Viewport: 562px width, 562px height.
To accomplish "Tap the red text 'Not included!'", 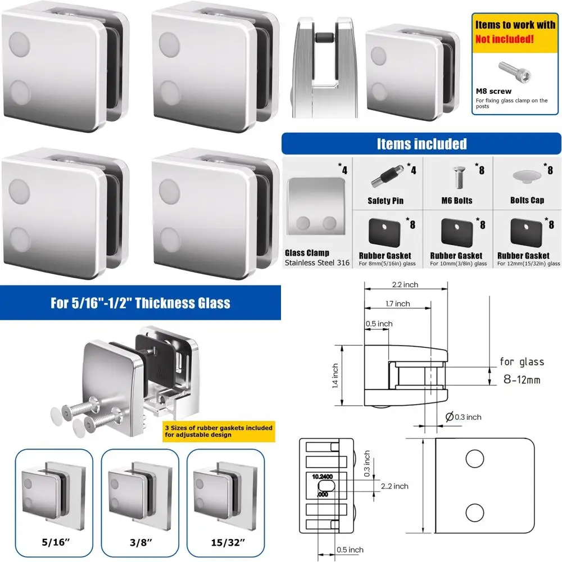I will (x=505, y=39).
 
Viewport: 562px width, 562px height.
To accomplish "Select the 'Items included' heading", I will (x=422, y=144).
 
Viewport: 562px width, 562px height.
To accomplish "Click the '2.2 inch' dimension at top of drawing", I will (x=406, y=285).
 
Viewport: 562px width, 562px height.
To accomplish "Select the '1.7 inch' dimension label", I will (x=397, y=304).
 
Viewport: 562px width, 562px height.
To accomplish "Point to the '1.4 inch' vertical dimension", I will (x=334, y=375).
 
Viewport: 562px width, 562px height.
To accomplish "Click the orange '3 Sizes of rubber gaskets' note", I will (x=219, y=431).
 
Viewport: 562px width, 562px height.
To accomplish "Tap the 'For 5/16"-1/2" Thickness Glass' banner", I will (x=140, y=303).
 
